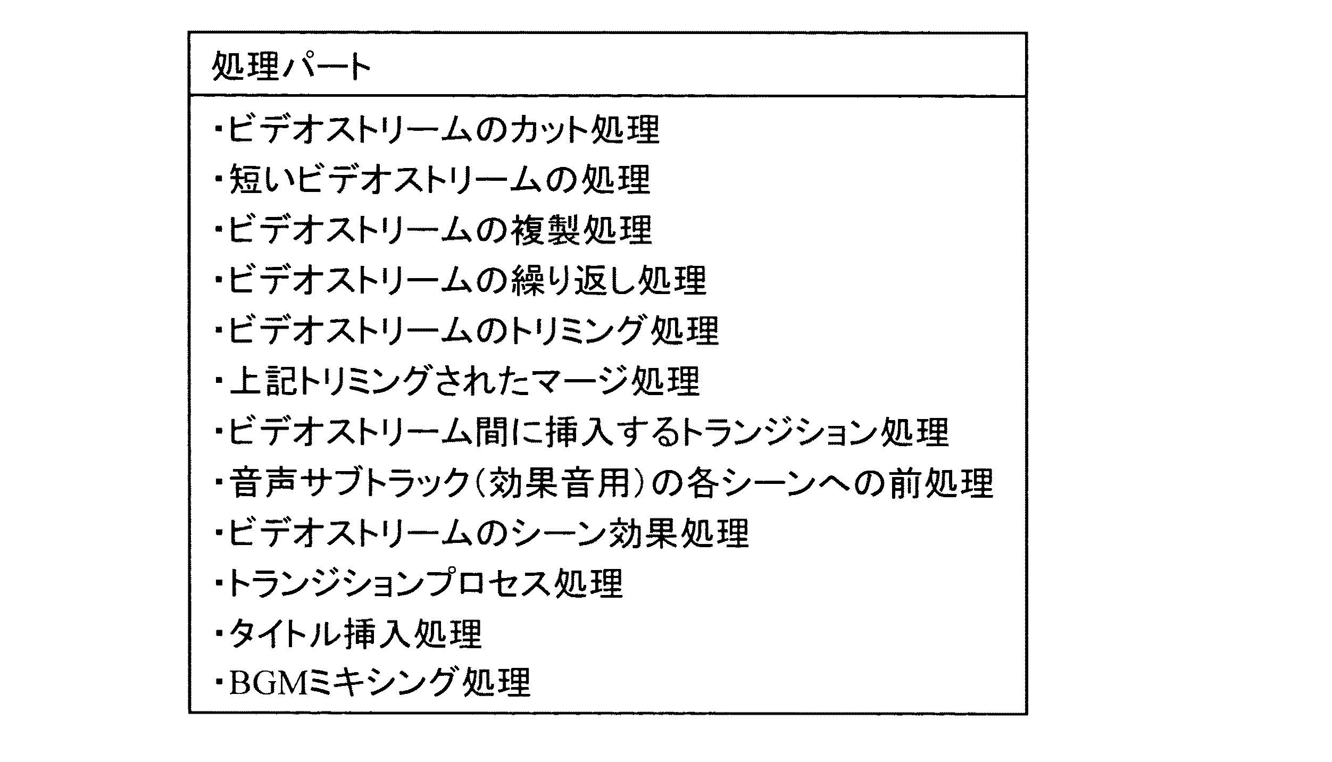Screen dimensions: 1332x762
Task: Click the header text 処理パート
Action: [x=292, y=67]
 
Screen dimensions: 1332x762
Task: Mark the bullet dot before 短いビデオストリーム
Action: [x=218, y=179]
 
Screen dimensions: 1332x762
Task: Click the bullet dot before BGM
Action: [x=218, y=683]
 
